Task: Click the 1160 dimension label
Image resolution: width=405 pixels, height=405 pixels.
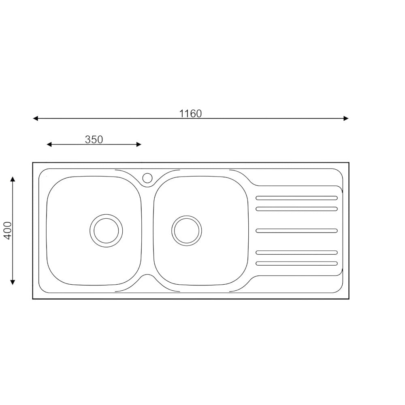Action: pyautogui.click(x=190, y=114)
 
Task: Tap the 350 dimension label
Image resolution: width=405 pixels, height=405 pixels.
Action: pyautogui.click(x=94, y=140)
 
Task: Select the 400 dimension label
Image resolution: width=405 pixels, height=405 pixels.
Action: pyautogui.click(x=8, y=231)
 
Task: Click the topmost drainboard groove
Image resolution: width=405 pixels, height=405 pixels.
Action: pyautogui.click(x=296, y=198)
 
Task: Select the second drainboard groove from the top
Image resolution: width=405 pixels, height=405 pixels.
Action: pyautogui.click(x=296, y=209)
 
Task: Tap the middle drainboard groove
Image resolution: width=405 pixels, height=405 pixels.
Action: pyautogui.click(x=296, y=231)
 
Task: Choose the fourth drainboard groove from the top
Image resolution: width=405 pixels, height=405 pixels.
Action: pyautogui.click(x=296, y=252)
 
